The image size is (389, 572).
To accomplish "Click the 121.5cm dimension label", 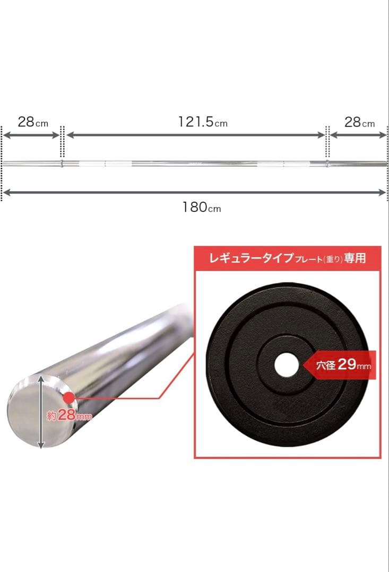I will [x=202, y=122].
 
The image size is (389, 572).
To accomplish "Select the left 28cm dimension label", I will [x=32, y=122].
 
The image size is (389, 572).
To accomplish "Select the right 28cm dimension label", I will [x=359, y=122].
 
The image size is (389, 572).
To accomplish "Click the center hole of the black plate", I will [x=286, y=365].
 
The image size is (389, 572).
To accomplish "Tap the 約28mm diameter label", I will [x=69, y=416].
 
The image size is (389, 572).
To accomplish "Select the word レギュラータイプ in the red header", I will [x=252, y=258].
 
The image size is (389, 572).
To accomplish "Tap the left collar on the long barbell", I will [x=62, y=163].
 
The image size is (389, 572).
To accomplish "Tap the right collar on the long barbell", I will [x=327, y=163].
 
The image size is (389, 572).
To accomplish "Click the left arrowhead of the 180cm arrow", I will [x=6, y=193].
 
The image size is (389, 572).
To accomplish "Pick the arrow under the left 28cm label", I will [x=31, y=135].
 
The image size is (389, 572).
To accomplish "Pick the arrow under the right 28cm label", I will [x=358, y=135].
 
